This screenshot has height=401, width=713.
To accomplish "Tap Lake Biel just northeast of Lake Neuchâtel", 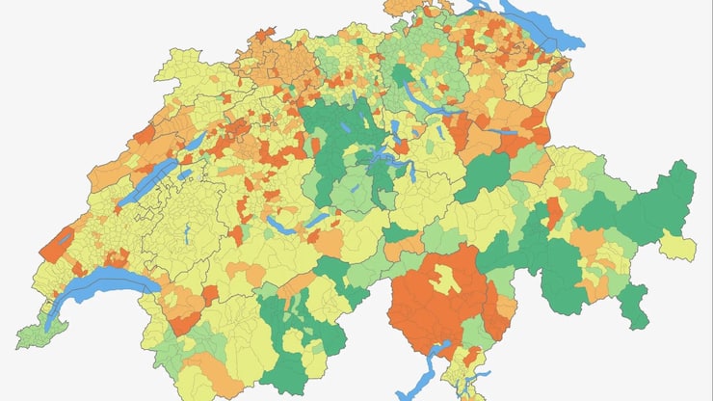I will (194, 144).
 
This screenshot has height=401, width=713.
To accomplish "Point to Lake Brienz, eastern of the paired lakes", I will (317, 219).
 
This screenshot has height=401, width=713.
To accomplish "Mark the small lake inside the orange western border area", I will (64, 237).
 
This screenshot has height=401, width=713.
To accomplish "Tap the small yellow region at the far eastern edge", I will (679, 245).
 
